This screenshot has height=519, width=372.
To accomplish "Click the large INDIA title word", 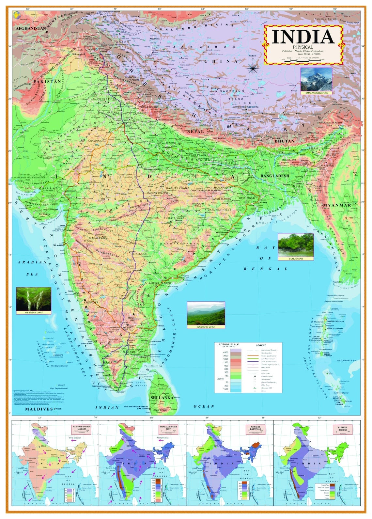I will click(x=303, y=37).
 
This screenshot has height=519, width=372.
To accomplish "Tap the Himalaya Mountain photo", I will click(x=316, y=79).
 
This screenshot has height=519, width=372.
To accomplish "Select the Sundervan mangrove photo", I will click(x=296, y=245).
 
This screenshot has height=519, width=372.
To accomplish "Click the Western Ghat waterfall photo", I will click(x=34, y=299).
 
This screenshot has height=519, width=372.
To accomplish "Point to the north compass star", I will click(x=253, y=68).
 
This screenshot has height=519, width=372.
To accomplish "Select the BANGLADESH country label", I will click(x=275, y=176).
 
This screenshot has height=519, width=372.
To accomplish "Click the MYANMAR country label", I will click(x=337, y=205).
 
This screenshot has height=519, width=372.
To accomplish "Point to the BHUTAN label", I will click(x=284, y=141).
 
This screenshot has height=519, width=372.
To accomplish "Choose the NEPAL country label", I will click(x=195, y=131).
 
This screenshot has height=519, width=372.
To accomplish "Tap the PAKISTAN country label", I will click(x=47, y=82).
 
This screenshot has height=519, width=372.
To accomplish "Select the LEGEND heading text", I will click(x=261, y=345).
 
